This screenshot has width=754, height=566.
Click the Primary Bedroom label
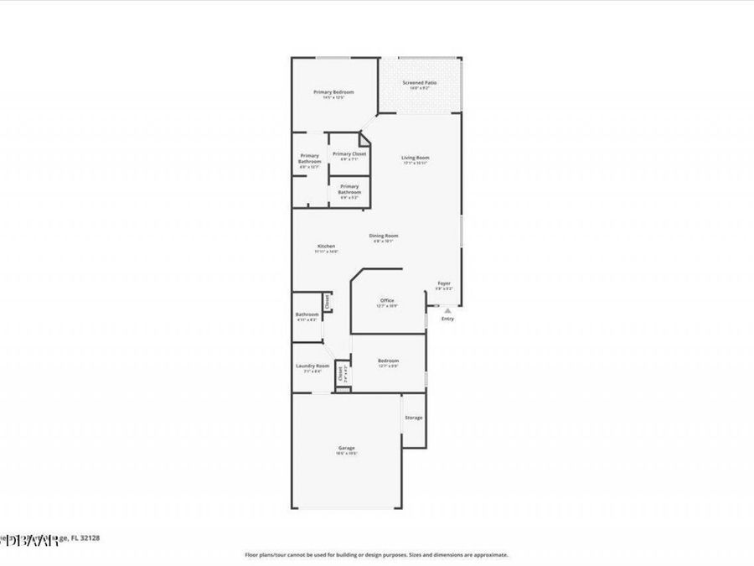pyautogui.click(x=333, y=92)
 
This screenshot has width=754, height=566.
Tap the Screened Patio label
pyautogui.click(x=420, y=83)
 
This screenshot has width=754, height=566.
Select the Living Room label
pyautogui.click(x=415, y=158)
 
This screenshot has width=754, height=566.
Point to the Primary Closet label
pyautogui.click(x=349, y=154)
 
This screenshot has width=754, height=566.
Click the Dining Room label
pyautogui.click(x=384, y=236)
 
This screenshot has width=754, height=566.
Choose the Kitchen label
pyautogui.click(x=326, y=246)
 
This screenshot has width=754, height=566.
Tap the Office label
pyautogui.click(x=387, y=300)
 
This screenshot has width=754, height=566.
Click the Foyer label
pyautogui.click(x=444, y=283)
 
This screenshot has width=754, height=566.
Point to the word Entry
pyautogui.click(x=447, y=319)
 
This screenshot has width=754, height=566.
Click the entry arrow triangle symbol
pyautogui.click(x=447, y=310)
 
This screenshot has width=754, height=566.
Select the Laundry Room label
pyautogui.click(x=312, y=366)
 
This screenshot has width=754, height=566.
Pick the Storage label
pyautogui.click(x=414, y=418)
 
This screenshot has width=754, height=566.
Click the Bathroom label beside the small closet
pyautogui.click(x=307, y=314)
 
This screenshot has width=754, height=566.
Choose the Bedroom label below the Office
pyautogui.click(x=388, y=361)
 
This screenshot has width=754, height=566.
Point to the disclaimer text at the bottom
pyautogui.click(x=376, y=554)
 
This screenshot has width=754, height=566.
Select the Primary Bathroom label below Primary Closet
pyautogui.click(x=349, y=189)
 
